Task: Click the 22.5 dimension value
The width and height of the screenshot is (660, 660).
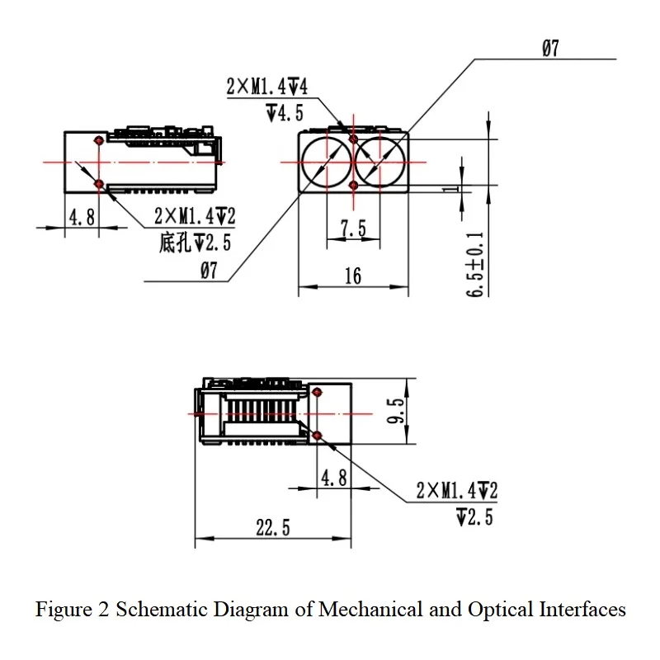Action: pyautogui.click(x=273, y=527)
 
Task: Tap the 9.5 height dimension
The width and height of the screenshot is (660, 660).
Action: pyautogui.click(x=396, y=411)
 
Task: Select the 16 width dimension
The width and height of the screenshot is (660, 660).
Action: pyautogui.click(x=353, y=276)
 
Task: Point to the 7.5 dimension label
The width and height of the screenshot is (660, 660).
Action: pyautogui.click(x=353, y=229)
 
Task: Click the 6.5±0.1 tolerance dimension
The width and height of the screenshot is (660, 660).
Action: pyautogui.click(x=475, y=264)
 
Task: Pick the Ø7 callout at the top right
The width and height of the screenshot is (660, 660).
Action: pyautogui.click(x=550, y=48)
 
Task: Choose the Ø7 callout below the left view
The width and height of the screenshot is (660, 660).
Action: pyautogui.click(x=209, y=271)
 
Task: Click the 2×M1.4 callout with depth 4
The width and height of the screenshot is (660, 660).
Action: pyautogui.click(x=266, y=87)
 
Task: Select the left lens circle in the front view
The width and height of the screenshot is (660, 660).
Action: pyautogui.click(x=302, y=163)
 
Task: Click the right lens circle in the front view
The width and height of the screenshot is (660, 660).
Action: pyautogui.click(x=405, y=163)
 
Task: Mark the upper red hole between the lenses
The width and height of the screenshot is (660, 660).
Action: pyautogui.click(x=353, y=139)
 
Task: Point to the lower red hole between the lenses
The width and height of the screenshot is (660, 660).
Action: pyautogui.click(x=353, y=185)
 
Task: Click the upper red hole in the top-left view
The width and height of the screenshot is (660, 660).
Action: pyautogui.click(x=99, y=140)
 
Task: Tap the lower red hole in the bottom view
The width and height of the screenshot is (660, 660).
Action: pyautogui.click(x=317, y=436)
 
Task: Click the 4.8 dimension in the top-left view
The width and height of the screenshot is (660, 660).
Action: pyautogui.click(x=82, y=217)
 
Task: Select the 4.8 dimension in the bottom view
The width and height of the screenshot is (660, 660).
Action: pyautogui.click(x=334, y=478)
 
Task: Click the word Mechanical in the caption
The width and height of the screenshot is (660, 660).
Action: pyautogui.click(x=370, y=610)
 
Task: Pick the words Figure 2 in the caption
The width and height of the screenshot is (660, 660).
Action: pyautogui.click(x=72, y=610)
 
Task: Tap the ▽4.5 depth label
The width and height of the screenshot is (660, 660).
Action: pyautogui.click(x=285, y=113)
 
